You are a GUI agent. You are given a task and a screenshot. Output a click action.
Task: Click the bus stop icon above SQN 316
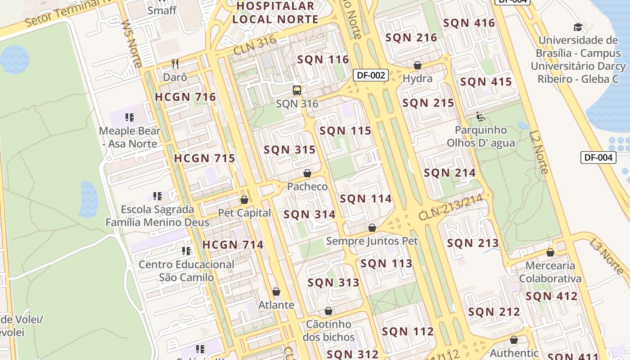coord(297,90)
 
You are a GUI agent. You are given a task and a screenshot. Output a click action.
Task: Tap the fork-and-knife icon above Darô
coord(175,64)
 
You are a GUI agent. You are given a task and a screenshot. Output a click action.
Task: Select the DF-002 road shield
coord(370,75)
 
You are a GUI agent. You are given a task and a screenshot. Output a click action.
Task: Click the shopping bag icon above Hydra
coord(418,65)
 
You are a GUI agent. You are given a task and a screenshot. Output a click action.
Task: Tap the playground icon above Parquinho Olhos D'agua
coord(481,117)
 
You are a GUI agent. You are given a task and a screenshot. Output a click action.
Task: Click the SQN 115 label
coord(345,131)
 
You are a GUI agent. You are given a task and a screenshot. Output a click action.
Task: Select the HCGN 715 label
coord(205,158)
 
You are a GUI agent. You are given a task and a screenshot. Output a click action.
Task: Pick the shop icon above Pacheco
coord(307,173)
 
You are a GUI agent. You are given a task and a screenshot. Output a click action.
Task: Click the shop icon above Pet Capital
coord(244,200)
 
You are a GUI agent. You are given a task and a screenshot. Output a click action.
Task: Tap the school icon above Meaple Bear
coord(130,118)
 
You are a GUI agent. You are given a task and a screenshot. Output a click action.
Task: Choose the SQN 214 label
coord(450,173)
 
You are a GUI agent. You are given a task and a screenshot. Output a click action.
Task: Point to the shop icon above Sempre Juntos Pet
coord(372,228)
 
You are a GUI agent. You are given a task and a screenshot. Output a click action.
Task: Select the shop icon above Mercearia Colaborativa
coord(550,252)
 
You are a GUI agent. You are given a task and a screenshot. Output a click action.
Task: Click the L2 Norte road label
coord(539,152)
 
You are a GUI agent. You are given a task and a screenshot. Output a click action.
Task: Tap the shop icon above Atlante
coord(276,292)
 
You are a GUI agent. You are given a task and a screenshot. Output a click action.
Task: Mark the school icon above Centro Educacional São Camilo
coord(186,251)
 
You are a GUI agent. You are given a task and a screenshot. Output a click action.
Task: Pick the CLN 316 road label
coord(255,46)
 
